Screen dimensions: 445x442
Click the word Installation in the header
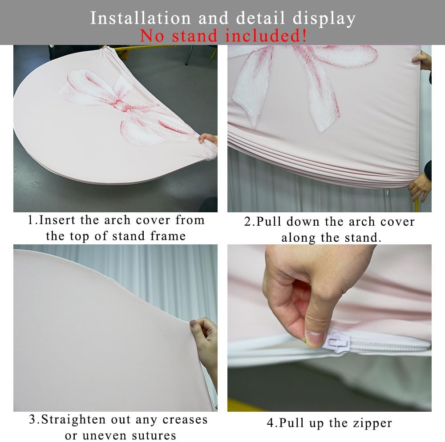click(140, 18)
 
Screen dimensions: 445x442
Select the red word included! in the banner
click(266, 36)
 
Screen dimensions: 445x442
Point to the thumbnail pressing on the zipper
click(315, 338)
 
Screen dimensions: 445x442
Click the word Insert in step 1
click(57, 220)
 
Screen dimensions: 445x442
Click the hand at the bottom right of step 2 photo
click(421, 185)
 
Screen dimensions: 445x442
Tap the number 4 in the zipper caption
click(270, 423)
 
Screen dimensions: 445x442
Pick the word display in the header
click(324, 19)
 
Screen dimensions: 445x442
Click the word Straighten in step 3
click(73, 420)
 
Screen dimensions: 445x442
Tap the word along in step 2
click(298, 238)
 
